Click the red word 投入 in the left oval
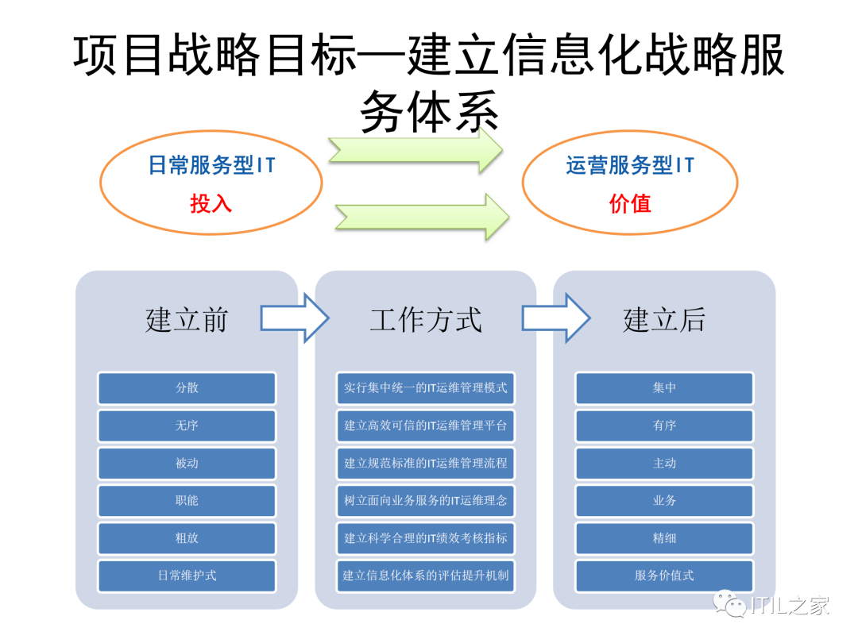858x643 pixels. pos(211,204)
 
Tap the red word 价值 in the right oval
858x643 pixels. pos(630,204)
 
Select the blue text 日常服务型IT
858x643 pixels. pos(211,165)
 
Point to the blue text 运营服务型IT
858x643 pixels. pos(630,165)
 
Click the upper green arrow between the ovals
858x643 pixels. pos(416,148)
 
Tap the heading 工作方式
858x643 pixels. pos(426,320)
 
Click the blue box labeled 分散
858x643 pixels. pos(187,388)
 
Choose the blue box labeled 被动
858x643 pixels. pos(187,463)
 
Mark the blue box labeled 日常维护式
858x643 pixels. pos(187,576)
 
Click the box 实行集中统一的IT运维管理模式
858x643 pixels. pos(426,388)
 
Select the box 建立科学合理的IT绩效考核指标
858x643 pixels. pos(426,538)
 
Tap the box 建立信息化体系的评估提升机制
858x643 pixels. pos(426,576)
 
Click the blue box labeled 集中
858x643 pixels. pos(664,388)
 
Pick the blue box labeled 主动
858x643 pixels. pos(664,463)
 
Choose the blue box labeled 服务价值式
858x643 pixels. pos(664,576)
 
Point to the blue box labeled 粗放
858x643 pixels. pos(187,538)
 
